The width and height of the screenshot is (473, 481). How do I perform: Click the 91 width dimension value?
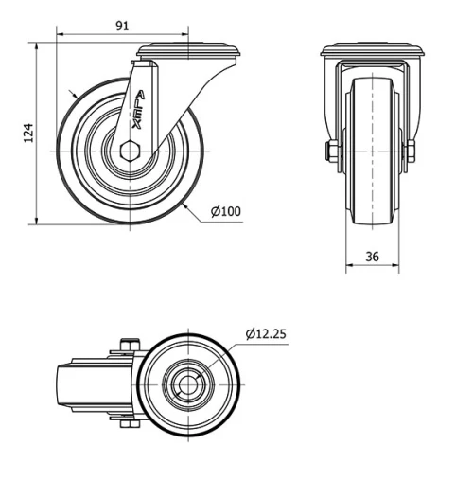(123, 26)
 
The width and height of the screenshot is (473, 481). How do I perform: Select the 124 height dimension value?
(28, 133)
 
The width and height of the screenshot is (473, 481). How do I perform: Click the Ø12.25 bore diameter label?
(268, 332)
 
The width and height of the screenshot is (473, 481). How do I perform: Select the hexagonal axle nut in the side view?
(132, 150)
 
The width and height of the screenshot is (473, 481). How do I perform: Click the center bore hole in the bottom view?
(187, 383)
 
